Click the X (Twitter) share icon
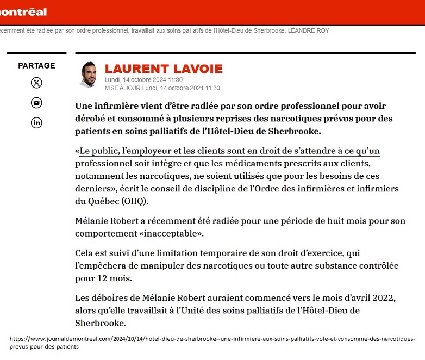coord(36,83)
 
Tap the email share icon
coord(36,103)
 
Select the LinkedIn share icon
coord(36,122)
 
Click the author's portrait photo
coord(88,75)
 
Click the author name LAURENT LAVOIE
coord(164,69)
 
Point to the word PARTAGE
coord(36,65)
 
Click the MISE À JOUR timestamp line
coord(162,88)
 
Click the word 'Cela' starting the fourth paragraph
coord(85,253)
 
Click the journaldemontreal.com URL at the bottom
coord(212,342)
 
